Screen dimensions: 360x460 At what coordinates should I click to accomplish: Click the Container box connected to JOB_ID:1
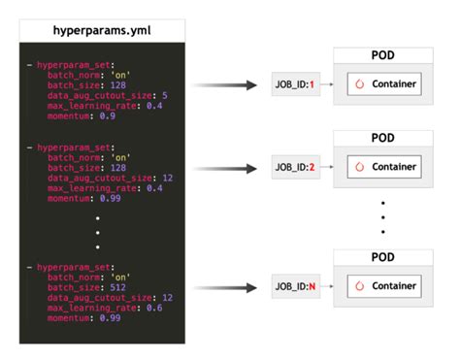(x=384, y=84)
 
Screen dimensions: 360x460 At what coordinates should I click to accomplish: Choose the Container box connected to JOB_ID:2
(x=384, y=167)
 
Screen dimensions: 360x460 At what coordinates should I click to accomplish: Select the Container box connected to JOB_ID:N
(x=384, y=286)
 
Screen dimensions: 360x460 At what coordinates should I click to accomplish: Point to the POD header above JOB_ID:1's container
(x=383, y=55)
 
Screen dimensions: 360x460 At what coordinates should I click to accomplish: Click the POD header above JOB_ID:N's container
(x=383, y=258)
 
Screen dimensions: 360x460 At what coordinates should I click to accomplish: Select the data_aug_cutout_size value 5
(x=166, y=95)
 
